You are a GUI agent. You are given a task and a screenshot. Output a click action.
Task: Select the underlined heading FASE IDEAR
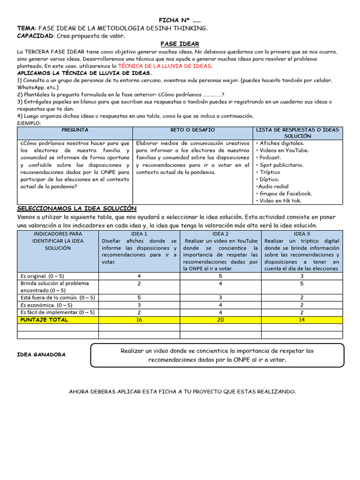tap(180, 44)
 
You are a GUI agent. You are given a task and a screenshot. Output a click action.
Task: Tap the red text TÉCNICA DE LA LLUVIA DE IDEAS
tap(165, 66)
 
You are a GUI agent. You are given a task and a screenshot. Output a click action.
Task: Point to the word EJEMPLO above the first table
tap(29, 123)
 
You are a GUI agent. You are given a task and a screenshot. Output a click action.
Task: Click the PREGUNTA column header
tap(75, 130)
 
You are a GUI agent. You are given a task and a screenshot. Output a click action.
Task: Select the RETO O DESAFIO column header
tap(193, 130)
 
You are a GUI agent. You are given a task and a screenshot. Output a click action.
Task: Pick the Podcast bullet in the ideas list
tap(270, 157)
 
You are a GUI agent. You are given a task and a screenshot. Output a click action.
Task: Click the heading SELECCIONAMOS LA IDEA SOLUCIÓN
tap(76, 208)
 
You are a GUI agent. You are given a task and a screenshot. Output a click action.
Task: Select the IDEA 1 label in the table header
tap(139, 234)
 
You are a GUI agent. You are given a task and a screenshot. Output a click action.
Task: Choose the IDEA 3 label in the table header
tap(302, 234)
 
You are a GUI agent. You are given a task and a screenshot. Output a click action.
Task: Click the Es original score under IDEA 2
tap(220, 276)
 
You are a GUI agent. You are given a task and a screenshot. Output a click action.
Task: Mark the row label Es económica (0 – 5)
tap(58, 305)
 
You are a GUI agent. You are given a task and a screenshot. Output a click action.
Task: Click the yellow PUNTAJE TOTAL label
tap(45, 320)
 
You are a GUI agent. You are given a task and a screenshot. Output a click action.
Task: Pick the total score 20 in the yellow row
tap(220, 320)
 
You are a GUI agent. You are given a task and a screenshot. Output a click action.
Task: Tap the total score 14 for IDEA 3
tap(302, 320)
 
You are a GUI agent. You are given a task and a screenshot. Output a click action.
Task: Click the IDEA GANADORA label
tap(41, 355)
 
